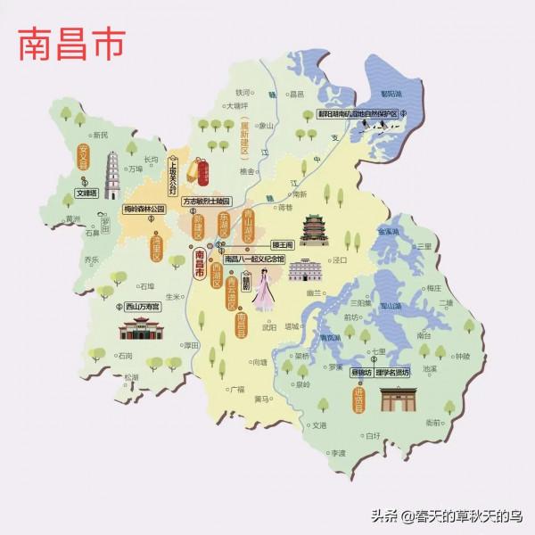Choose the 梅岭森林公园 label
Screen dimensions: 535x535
pos(144,211)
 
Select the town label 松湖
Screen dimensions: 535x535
pos(132,377)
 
